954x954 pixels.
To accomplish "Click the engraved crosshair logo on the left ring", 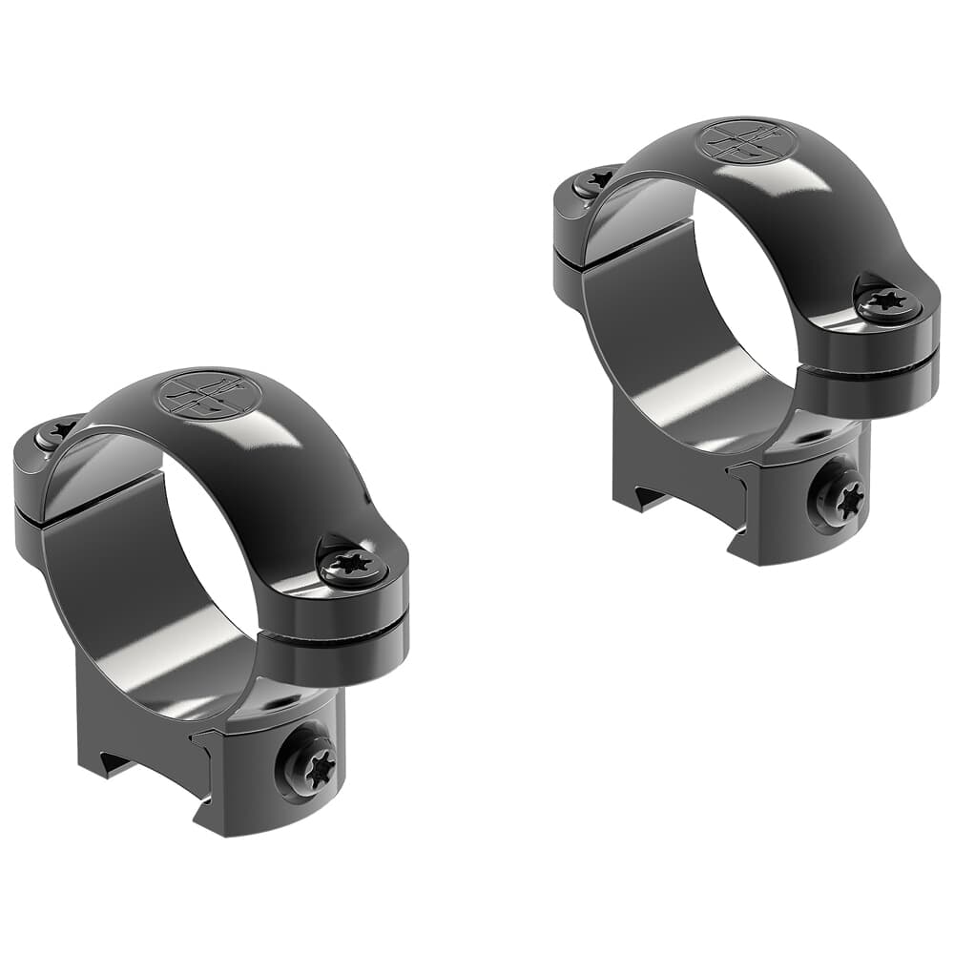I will tap(205, 393).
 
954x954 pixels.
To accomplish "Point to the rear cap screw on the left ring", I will tap(55, 434).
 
